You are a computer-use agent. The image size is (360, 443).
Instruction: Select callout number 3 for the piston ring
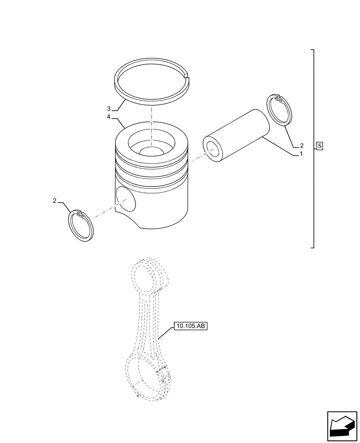pos(109,109)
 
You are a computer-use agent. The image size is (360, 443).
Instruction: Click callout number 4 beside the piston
pos(109,117)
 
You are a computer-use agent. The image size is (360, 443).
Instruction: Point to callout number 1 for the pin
pos(301,154)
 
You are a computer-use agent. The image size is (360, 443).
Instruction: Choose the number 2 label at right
pos(301,145)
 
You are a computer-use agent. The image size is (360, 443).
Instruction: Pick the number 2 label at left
pos(55,201)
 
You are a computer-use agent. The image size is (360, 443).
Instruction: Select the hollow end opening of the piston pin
pos(211,150)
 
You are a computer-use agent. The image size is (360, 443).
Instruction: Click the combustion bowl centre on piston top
pos(151,151)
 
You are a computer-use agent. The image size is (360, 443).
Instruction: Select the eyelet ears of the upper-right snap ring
pos(277,98)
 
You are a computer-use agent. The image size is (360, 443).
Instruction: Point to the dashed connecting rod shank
pos(151,323)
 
